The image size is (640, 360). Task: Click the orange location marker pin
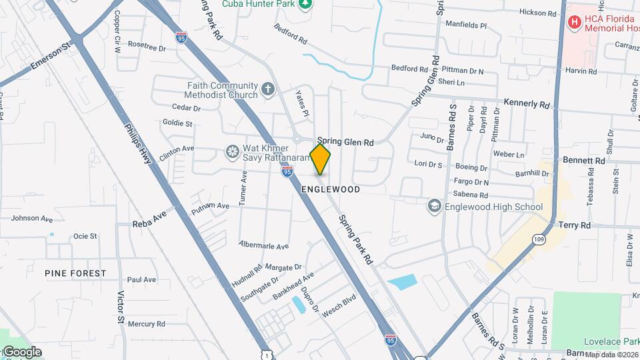320,159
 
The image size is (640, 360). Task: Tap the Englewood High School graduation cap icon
435,207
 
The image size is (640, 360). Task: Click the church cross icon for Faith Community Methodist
267,89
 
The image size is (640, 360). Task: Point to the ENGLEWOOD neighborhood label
331,190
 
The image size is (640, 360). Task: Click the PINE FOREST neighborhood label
75,273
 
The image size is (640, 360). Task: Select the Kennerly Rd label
527,105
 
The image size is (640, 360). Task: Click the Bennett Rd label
583,161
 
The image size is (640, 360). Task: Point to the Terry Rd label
575,226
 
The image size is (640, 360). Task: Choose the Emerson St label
51,57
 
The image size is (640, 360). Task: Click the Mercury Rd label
146,324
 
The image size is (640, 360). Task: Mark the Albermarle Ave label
263,245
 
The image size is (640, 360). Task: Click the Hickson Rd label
538,13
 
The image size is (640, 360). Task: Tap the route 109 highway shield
539,238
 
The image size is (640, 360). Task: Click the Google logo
21,352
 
